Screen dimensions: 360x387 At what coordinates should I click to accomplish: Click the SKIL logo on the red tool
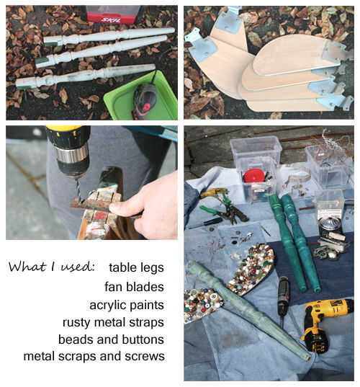click(112, 19)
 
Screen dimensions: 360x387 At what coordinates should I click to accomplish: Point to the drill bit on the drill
click(78, 190)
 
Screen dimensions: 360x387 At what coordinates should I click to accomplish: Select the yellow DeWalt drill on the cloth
click(325, 321)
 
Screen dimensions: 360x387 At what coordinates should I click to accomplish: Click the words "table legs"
click(136, 267)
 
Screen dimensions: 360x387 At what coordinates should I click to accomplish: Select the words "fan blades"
click(134, 287)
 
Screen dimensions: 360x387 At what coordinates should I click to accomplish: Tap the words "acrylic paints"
click(127, 305)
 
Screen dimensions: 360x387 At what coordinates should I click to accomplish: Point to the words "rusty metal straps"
click(114, 322)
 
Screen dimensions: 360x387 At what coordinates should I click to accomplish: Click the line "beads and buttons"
click(111, 339)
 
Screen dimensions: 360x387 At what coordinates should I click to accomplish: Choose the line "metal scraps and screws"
click(94, 356)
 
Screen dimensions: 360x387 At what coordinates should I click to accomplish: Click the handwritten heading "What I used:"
click(52, 267)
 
